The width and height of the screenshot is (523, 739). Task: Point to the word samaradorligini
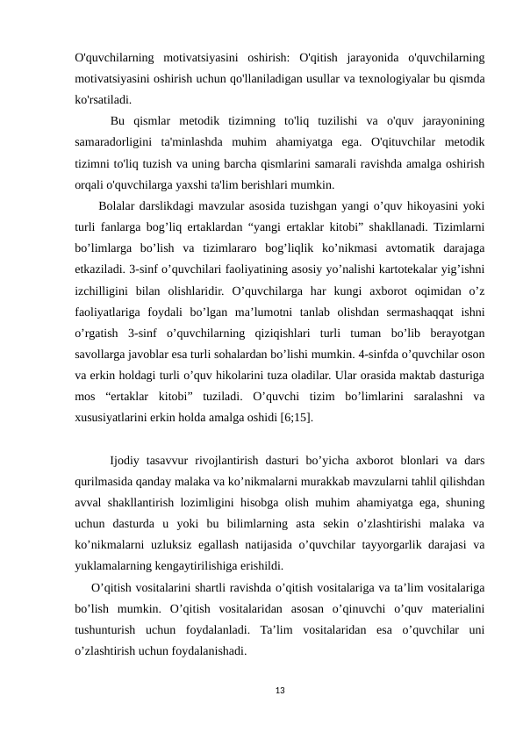click(x=119, y=142)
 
